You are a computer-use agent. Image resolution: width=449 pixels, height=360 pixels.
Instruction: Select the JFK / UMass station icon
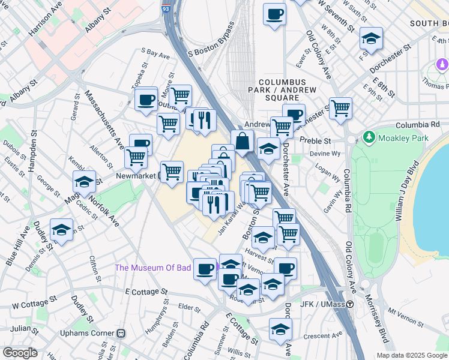click(x=349, y=304)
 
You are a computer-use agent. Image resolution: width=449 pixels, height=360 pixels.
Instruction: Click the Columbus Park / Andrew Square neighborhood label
click(x=283, y=89)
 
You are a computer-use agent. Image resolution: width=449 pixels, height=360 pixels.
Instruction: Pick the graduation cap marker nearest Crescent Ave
click(x=280, y=329)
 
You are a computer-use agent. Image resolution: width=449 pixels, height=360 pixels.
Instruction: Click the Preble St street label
click(x=319, y=141)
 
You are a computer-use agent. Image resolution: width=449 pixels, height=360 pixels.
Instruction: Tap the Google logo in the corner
click(x=20, y=353)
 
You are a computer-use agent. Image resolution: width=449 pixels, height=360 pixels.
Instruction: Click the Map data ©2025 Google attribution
click(x=412, y=355)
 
